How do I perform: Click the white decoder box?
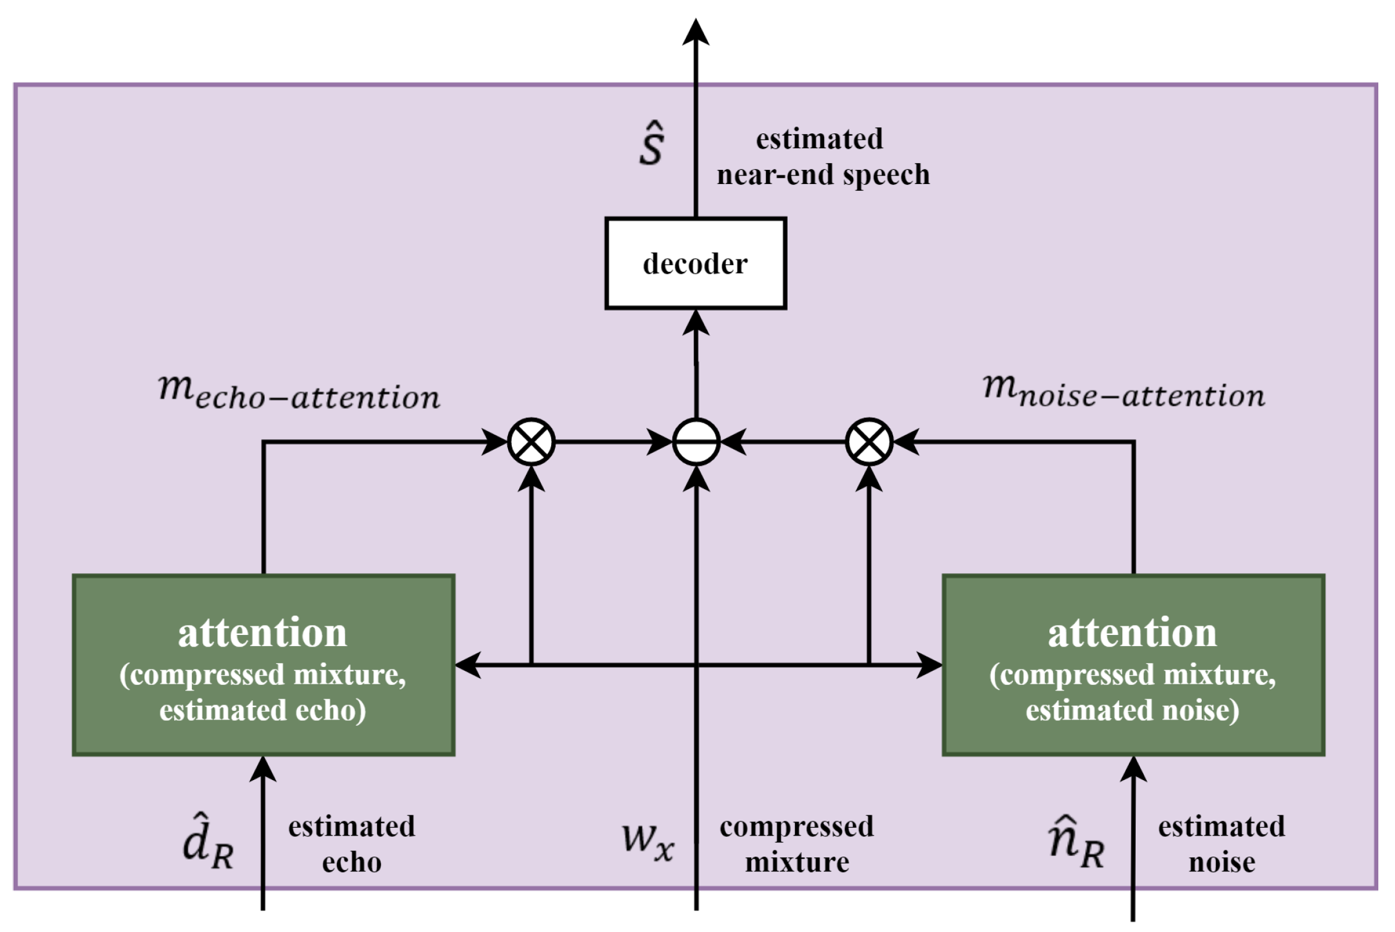tap(696, 263)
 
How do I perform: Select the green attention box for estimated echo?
tap(264, 665)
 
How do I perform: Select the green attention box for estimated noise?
tap(1133, 665)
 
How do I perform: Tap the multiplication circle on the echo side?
tap(531, 442)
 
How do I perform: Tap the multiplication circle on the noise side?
tap(869, 442)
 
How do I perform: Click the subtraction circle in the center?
tap(696, 442)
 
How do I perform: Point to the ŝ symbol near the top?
tap(652, 145)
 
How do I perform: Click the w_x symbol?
tap(648, 842)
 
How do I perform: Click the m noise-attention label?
tap(1123, 392)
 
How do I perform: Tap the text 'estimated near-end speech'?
tap(822, 157)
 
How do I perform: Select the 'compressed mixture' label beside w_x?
tap(797, 844)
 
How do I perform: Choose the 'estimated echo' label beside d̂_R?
tap(352, 844)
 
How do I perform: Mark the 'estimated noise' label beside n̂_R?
tap(1222, 844)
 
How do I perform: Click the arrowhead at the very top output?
tap(696, 32)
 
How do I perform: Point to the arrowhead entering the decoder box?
tap(696, 323)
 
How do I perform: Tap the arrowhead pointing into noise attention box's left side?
tap(929, 665)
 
